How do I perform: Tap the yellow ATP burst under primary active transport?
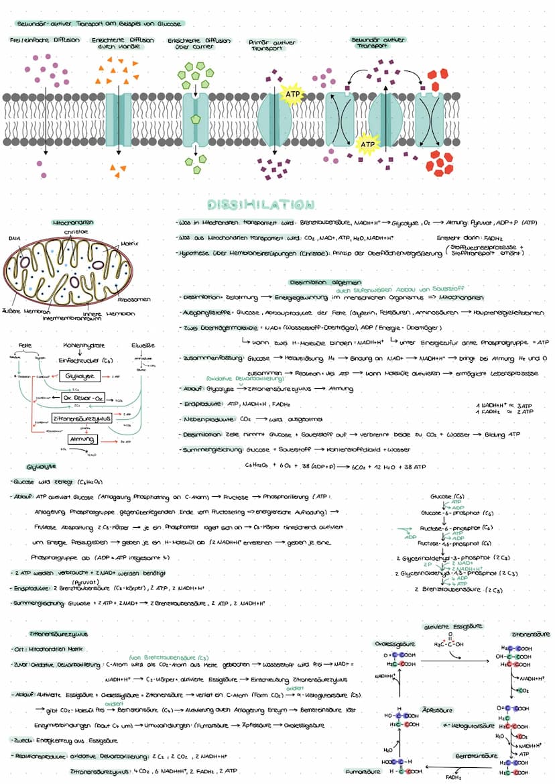(292, 95)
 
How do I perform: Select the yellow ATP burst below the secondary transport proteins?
(366, 144)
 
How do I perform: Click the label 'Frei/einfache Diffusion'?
(44, 40)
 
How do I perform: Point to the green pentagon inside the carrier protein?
(195, 119)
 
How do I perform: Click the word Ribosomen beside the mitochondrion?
(133, 299)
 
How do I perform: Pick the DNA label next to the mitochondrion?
(14, 237)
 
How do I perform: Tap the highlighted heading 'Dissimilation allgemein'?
(326, 282)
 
